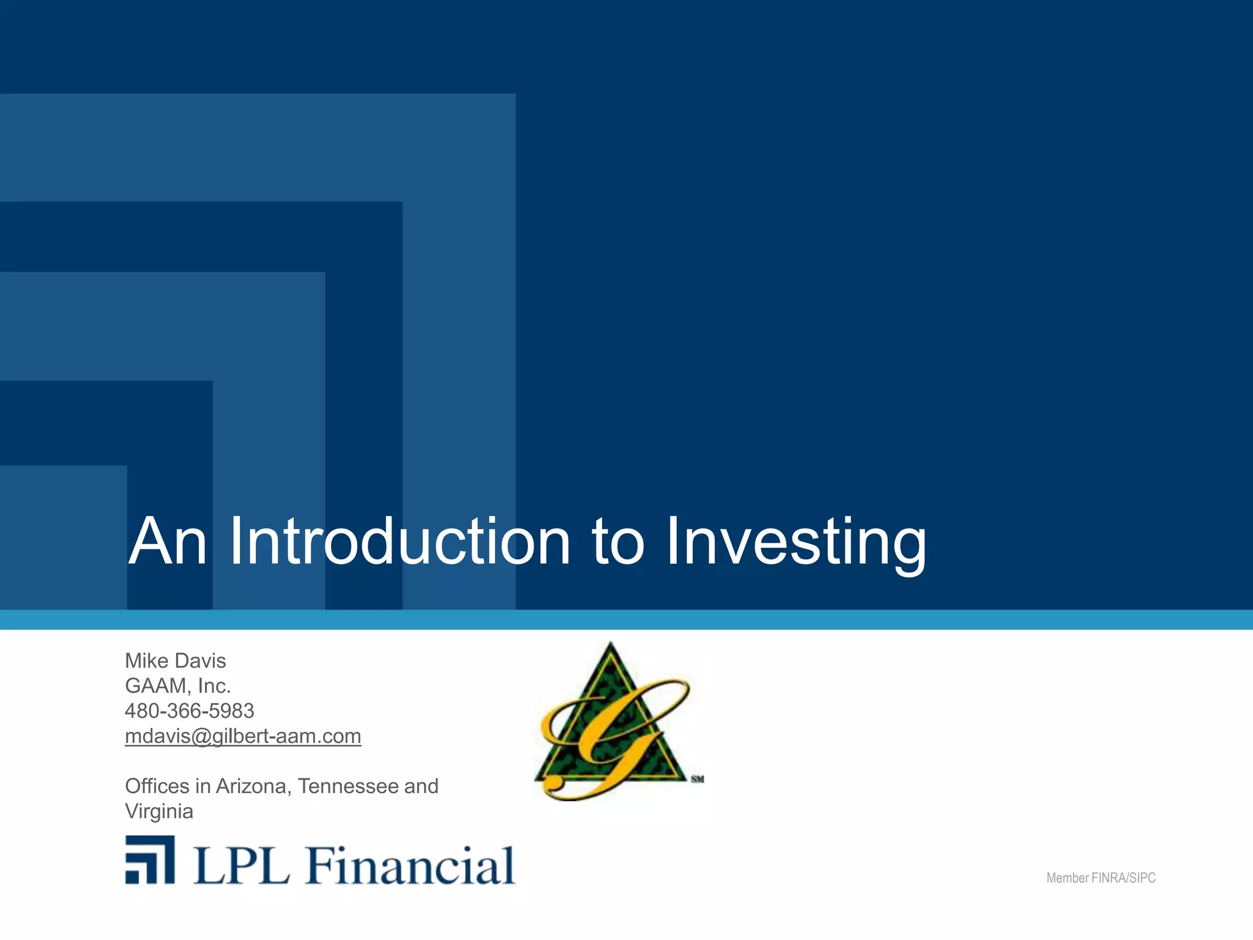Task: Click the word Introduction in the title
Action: click(x=400, y=542)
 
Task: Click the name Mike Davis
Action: click(x=175, y=661)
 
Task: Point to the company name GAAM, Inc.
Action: click(x=177, y=686)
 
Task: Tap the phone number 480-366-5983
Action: click(x=189, y=711)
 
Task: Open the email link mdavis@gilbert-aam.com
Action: click(x=243, y=736)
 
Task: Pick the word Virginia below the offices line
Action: click(x=159, y=811)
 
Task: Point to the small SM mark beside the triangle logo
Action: click(x=697, y=779)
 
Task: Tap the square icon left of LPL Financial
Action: click(x=150, y=860)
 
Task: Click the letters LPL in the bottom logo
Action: click(x=241, y=865)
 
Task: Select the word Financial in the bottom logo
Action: click(x=410, y=865)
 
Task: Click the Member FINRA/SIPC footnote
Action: click(x=1101, y=878)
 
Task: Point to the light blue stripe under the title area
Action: click(x=626, y=619)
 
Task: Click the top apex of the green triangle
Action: click(x=611, y=646)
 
